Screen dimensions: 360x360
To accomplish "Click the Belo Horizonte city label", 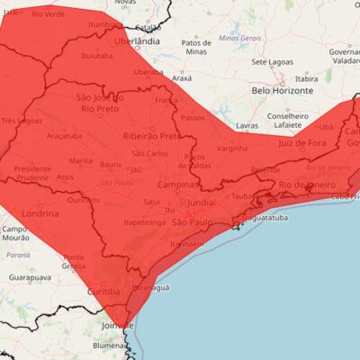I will click(283, 91).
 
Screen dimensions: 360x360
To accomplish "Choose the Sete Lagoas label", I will click(272, 62).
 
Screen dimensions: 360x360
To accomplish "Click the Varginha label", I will click(232, 148).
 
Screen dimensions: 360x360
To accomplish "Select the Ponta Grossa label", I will click(74, 262).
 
